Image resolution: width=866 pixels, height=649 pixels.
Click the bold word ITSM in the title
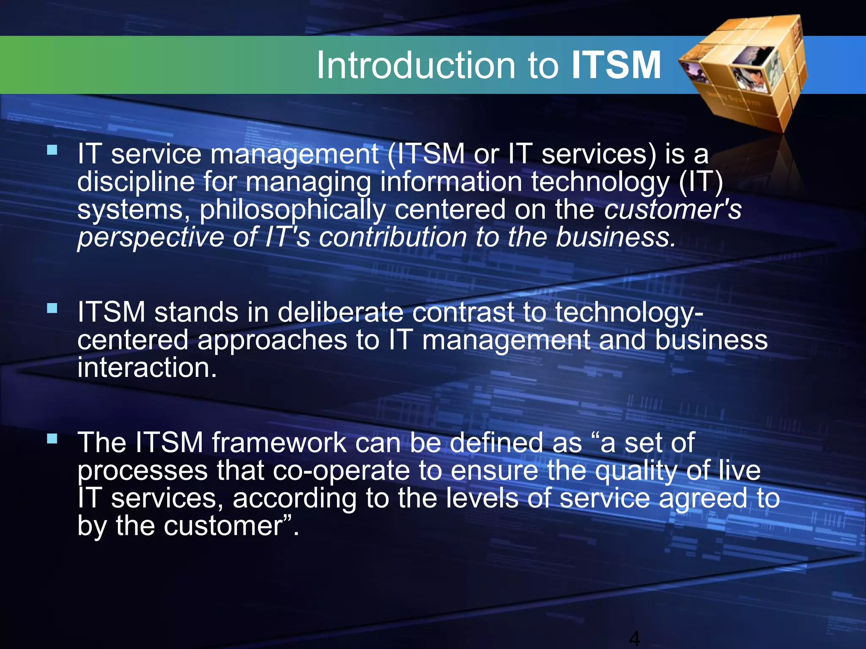(x=616, y=65)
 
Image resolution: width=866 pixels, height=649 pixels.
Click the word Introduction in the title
(x=416, y=65)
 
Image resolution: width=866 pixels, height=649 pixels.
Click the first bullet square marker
(x=52, y=150)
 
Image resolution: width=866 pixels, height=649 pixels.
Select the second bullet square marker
(x=52, y=308)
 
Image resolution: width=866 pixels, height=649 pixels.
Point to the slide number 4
(x=634, y=638)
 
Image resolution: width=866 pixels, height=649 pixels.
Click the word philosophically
(x=292, y=210)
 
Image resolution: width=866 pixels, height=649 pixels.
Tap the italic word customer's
(x=672, y=209)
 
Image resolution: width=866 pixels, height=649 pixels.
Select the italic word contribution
(x=393, y=237)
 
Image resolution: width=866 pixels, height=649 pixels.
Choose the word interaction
(x=147, y=368)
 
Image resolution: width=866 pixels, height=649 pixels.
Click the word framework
(x=279, y=442)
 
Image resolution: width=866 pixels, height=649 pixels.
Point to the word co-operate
(x=341, y=471)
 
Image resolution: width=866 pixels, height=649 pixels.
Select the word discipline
(x=136, y=182)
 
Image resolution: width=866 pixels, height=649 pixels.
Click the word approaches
(x=272, y=340)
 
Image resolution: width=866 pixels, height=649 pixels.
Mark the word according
(x=295, y=499)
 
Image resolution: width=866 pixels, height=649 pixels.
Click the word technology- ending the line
(x=629, y=313)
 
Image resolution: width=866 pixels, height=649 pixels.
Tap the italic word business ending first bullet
(x=615, y=237)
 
